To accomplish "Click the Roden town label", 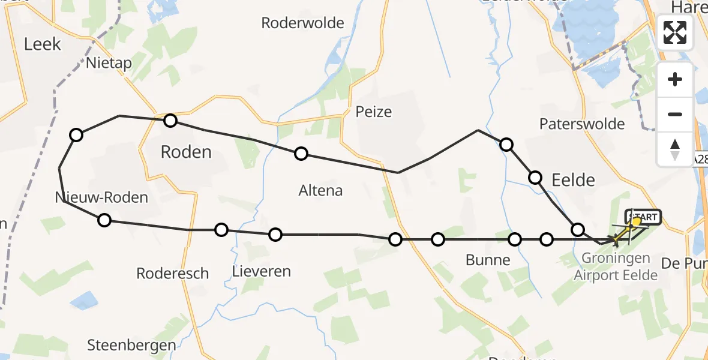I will [x=186, y=152].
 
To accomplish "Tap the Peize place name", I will [x=373, y=112].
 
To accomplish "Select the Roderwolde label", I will [x=303, y=23].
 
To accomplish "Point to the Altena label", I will [x=320, y=191].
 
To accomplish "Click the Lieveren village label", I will [x=261, y=271].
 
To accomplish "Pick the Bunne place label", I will [x=488, y=260].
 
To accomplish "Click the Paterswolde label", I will [x=582, y=124].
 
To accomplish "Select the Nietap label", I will [x=109, y=63].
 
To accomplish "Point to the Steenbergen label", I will [x=132, y=345].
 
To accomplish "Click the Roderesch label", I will [x=173, y=274].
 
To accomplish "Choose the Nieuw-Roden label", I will [x=101, y=197].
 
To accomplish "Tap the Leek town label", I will [x=43, y=44].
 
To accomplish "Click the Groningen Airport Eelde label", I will [x=616, y=267].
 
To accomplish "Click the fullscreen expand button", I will [x=675, y=32].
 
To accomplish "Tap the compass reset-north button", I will [x=675, y=149].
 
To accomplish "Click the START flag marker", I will [x=643, y=217].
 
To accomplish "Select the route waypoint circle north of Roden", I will [x=170, y=121].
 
